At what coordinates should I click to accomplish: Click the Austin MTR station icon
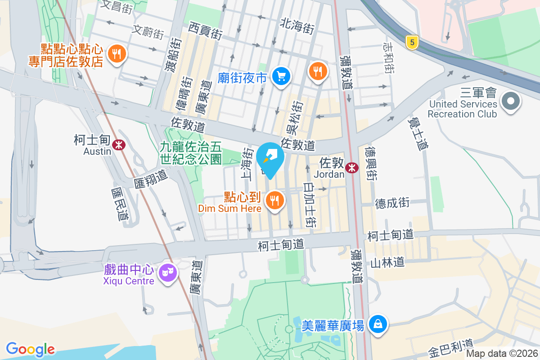(119, 145)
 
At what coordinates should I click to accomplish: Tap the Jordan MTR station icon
(352, 168)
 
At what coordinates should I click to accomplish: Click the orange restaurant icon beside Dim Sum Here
(275, 200)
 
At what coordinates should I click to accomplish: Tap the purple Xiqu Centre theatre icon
(168, 272)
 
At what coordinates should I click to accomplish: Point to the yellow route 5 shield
(411, 43)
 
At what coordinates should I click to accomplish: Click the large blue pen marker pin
(270, 158)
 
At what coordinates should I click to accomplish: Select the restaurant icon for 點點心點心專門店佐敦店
(117, 54)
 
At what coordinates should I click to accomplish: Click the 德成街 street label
(392, 203)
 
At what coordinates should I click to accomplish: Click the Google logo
(30, 349)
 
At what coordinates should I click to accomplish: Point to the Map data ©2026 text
(501, 354)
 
